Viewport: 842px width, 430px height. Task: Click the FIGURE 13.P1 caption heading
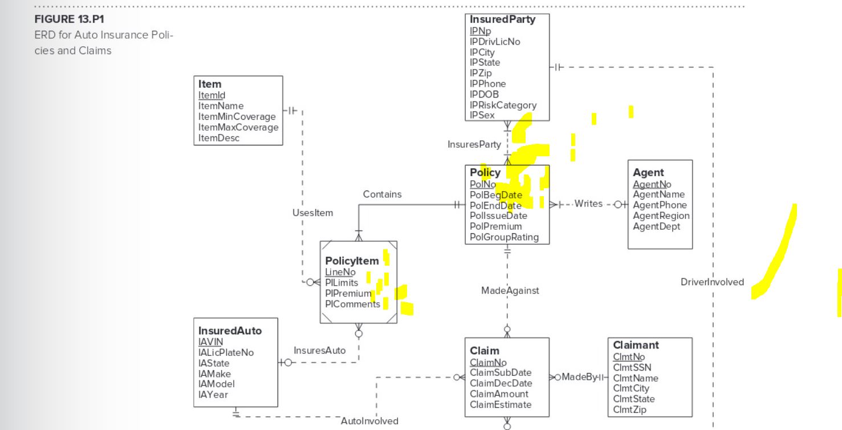click(70, 20)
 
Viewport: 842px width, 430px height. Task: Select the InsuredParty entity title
click(502, 20)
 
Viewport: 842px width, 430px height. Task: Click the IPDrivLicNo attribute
click(495, 41)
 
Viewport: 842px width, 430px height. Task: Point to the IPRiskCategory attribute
click(503, 105)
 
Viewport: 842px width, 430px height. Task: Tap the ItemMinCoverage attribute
click(237, 116)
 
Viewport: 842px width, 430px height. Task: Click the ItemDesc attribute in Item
click(219, 138)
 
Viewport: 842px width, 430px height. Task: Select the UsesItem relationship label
click(312, 213)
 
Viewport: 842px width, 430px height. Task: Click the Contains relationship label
click(382, 194)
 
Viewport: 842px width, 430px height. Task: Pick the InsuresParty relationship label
click(474, 145)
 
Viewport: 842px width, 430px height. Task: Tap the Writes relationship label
click(588, 204)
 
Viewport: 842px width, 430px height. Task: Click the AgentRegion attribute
click(661, 216)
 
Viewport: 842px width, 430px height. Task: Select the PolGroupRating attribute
click(504, 237)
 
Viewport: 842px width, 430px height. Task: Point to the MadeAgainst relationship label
click(510, 291)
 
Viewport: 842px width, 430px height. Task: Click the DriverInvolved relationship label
click(712, 282)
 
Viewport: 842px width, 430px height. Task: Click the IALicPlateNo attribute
click(226, 352)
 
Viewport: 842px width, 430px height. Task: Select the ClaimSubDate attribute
click(501, 373)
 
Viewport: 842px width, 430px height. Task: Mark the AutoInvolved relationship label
click(369, 421)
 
